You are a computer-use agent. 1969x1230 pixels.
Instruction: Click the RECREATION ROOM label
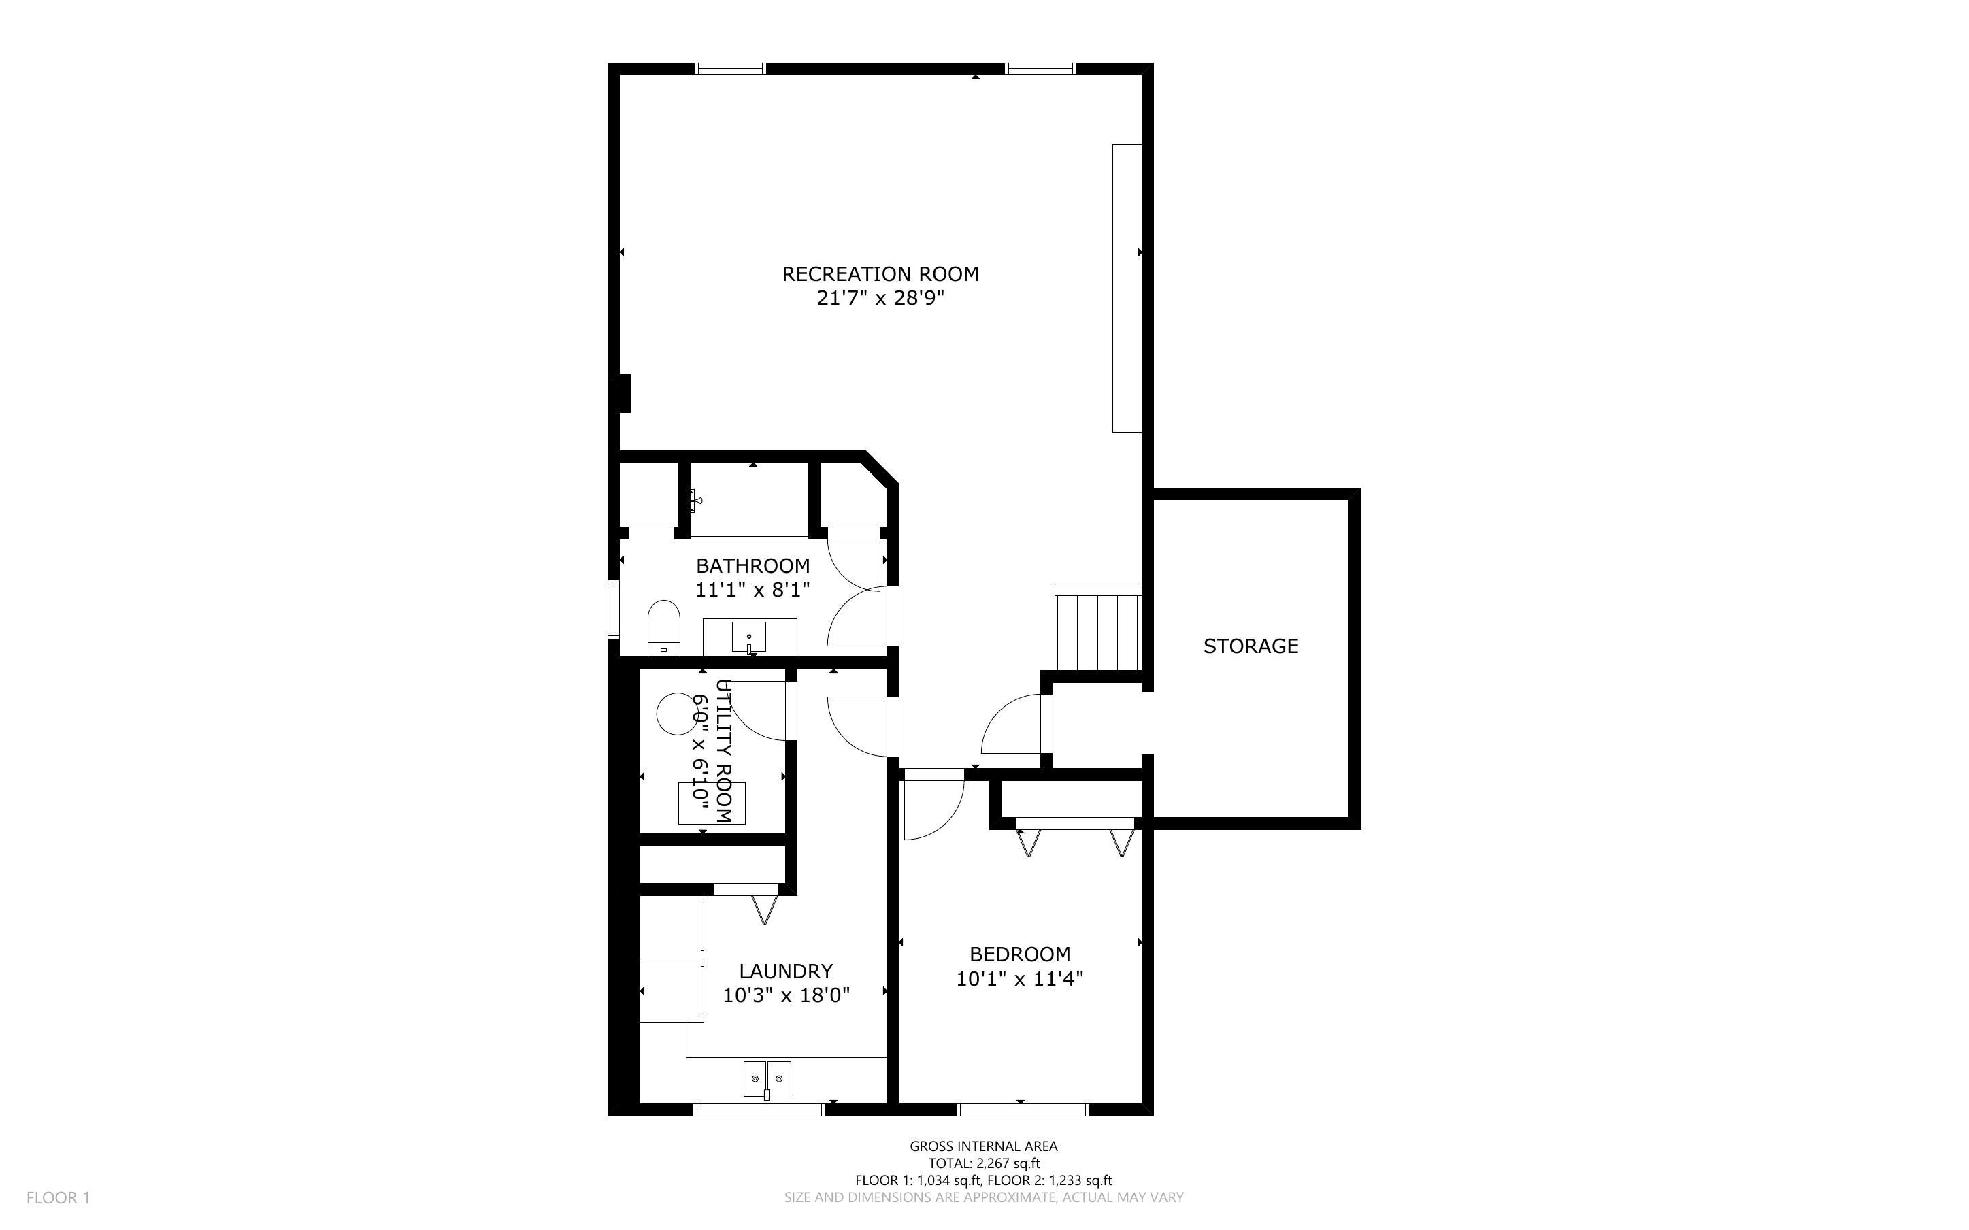[880, 274]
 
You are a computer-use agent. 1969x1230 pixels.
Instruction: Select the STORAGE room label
[1251, 646]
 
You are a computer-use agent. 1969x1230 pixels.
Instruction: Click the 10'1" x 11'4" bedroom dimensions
[1020, 979]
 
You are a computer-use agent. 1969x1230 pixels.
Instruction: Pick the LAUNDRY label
[786, 971]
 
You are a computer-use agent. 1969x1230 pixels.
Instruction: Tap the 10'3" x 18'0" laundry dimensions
[787, 995]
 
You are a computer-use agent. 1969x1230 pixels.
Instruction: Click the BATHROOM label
[753, 565]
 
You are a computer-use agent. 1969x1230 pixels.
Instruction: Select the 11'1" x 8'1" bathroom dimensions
[753, 590]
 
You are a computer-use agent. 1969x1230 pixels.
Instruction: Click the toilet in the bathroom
[663, 628]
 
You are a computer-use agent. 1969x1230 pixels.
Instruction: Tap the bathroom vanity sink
[749, 637]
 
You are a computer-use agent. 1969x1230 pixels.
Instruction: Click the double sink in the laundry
[767, 1079]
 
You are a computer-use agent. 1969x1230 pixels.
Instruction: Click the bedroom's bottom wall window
[1023, 1109]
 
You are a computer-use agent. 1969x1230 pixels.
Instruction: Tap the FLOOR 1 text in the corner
[59, 1197]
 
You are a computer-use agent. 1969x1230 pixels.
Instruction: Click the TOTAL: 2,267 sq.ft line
[984, 1163]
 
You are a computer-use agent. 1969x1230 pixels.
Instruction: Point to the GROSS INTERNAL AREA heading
[983, 1146]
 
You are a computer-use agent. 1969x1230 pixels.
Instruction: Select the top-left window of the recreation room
[730, 68]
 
